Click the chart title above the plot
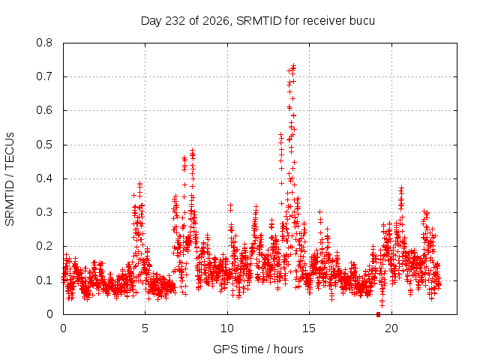258,21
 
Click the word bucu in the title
362,21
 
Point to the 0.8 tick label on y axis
44,43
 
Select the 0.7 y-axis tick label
44,76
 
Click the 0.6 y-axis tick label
44,110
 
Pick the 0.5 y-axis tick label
44,145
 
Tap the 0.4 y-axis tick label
44,178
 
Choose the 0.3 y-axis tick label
44,212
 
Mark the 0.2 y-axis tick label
44,246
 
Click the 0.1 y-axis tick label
44,280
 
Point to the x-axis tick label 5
145,328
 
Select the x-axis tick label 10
227,328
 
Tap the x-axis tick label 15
309,328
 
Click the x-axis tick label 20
391,328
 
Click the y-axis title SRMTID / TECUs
10,179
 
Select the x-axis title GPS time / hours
258,349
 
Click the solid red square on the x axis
378,314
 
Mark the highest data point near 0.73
294,66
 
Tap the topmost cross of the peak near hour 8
192,151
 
